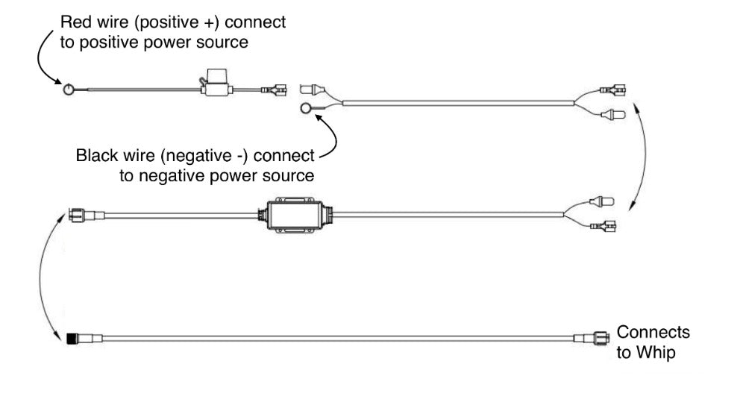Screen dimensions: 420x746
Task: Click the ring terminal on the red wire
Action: click(x=68, y=90)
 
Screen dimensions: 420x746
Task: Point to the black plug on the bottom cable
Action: click(x=73, y=338)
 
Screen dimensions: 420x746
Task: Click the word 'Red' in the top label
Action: click(x=75, y=22)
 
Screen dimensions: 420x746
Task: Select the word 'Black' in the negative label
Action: click(x=95, y=157)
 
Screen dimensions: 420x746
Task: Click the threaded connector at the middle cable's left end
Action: click(x=77, y=214)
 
